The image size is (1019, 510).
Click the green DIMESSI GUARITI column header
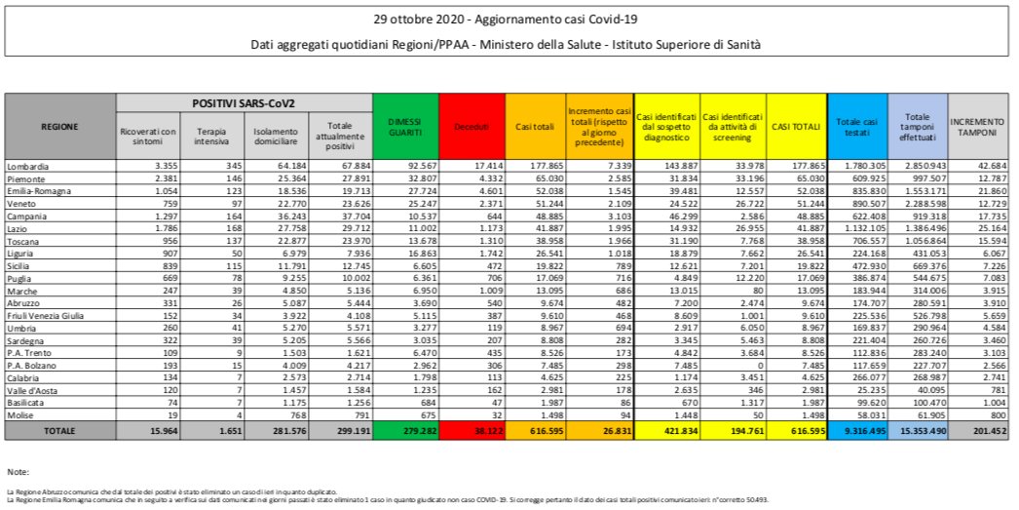(405, 126)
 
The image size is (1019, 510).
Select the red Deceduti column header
(472, 127)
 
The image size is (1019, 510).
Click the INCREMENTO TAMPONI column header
(981, 126)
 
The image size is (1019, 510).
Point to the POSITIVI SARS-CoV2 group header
(244, 102)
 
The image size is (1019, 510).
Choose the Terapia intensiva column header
(212, 136)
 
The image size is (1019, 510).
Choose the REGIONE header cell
(59, 126)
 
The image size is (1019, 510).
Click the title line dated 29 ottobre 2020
(509, 20)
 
